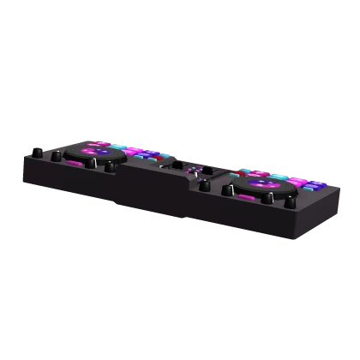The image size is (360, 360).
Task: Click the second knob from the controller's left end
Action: pyautogui.click(x=57, y=156)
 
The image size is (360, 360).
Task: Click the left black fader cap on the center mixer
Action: pyautogui.click(x=177, y=162)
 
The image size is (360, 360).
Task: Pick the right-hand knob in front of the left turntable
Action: pyautogui.click(x=110, y=167)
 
